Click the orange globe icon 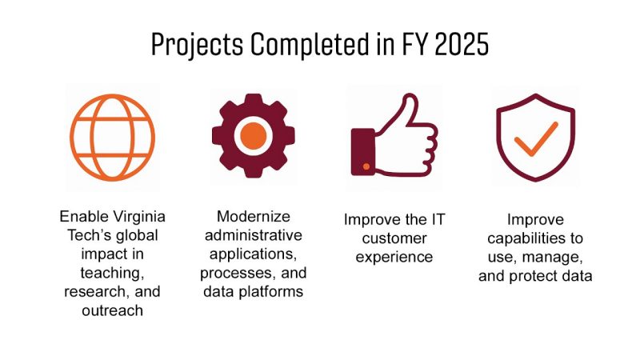[x=112, y=135]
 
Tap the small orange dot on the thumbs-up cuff [x=366, y=166]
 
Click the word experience [x=392, y=258]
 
